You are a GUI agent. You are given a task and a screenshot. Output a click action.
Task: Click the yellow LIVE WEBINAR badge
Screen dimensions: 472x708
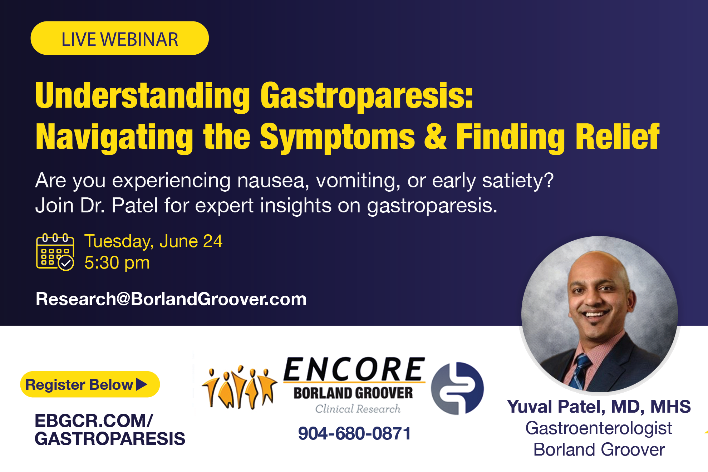[x=119, y=39]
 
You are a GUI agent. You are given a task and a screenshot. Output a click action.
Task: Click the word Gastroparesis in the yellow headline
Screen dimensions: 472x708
[x=367, y=96]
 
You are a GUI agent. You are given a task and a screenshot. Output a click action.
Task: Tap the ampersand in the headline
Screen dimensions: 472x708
[x=435, y=136]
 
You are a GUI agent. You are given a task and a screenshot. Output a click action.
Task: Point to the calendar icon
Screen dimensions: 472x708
[x=55, y=252]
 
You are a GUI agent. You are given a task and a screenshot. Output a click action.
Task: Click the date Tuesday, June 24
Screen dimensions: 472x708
[x=153, y=241]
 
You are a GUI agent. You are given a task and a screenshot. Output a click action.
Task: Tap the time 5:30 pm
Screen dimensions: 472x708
[x=117, y=263]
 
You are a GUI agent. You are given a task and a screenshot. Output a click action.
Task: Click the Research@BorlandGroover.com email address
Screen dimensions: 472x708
[x=171, y=299]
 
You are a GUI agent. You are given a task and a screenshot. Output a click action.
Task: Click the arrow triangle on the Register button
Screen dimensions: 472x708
[x=142, y=384]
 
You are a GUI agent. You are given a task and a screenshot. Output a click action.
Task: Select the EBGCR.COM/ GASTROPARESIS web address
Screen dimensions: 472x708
[x=109, y=430]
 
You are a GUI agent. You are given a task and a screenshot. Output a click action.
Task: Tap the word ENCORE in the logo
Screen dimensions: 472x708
[x=354, y=370]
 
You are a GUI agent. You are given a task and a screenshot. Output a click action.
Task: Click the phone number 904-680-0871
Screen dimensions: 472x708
[x=354, y=434]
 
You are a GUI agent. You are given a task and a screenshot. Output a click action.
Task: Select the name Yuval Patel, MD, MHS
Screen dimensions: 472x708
[x=599, y=407]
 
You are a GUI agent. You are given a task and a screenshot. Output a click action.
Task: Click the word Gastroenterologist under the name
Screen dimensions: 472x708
[x=599, y=428]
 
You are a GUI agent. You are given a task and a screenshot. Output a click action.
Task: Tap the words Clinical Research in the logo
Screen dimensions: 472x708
[x=358, y=409]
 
